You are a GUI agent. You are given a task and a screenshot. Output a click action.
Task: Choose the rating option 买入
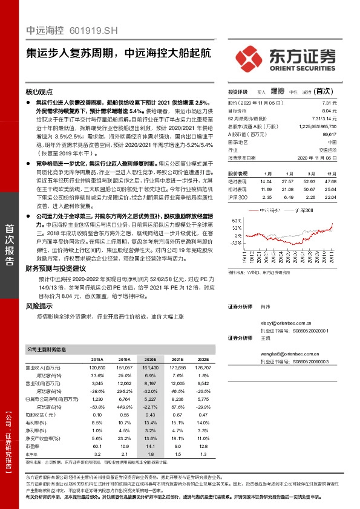coord(261,92)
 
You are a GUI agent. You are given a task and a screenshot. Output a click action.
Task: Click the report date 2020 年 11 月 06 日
coord(313,157)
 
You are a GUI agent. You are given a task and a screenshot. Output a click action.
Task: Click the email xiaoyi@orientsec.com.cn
coord(284,324)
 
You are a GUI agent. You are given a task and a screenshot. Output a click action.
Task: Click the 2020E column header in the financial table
coord(150,359)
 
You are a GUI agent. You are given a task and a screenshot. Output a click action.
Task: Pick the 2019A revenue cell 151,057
coord(123,368)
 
